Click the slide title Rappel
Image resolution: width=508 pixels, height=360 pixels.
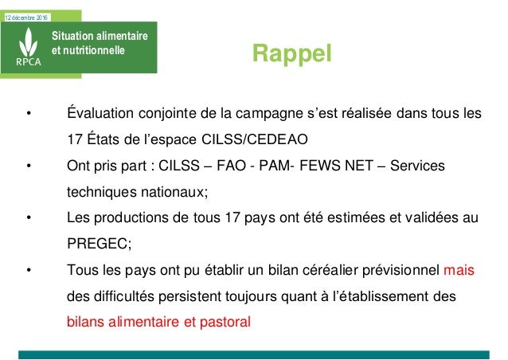coord(291,53)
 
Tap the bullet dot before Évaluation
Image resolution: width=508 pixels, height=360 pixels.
coord(29,113)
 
